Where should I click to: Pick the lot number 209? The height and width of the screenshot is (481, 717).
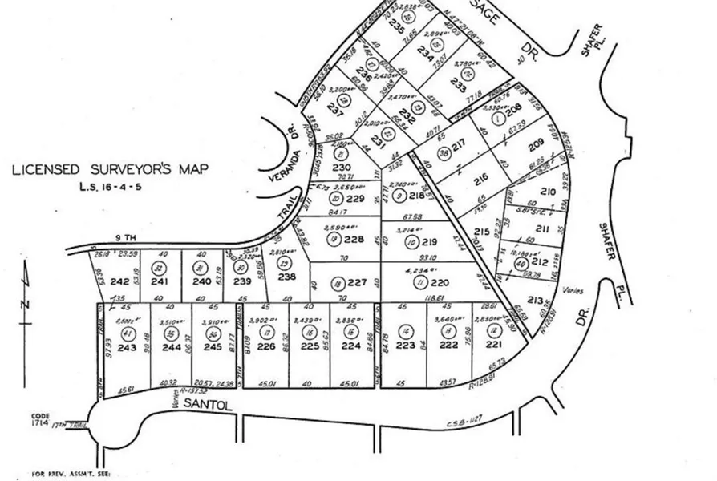pos(535,147)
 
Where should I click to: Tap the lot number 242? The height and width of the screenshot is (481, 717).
pos(120,281)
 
